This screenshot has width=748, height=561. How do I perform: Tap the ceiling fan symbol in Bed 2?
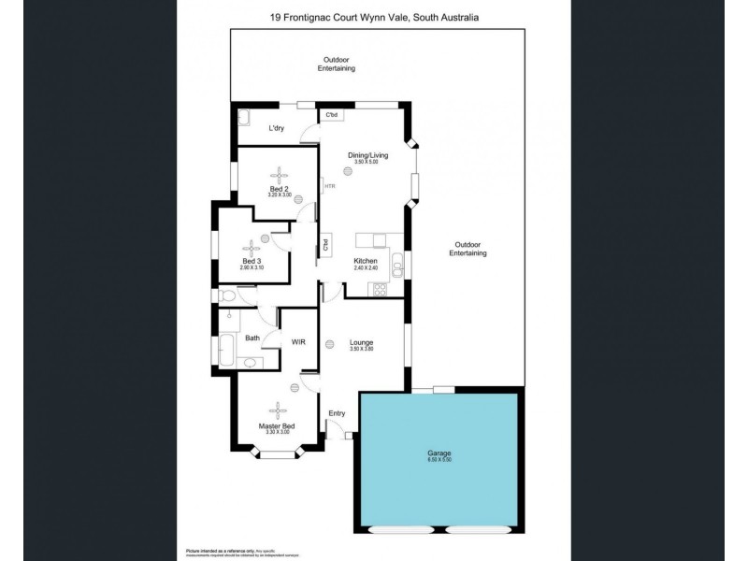pos(279,174)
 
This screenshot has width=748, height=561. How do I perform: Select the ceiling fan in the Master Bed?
pos(278,408)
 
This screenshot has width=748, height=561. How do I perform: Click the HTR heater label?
pos(329,186)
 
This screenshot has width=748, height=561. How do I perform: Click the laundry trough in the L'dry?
pos(245,118)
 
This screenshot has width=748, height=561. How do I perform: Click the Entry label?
pos(337,412)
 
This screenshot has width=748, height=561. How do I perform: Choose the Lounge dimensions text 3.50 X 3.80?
pos(361,350)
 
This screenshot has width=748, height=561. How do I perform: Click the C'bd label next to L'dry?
pos(331,115)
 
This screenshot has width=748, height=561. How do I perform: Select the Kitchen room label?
pos(365,260)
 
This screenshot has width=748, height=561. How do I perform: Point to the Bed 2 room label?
pos(279,188)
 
